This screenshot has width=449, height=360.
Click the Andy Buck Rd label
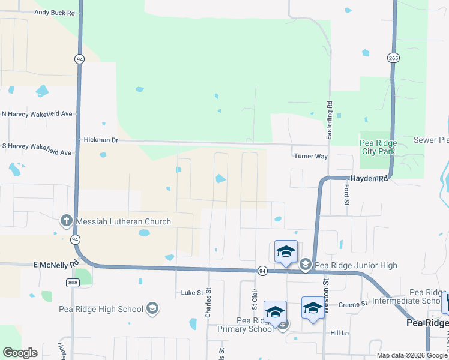55,12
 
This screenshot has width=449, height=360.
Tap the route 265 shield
393,58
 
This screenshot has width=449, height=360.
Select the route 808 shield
73,283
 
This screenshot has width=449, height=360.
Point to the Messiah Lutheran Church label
123,222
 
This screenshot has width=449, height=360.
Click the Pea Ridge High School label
101,309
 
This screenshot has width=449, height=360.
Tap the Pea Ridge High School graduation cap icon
152,309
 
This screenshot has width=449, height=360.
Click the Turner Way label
310,156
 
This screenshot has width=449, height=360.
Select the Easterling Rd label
330,118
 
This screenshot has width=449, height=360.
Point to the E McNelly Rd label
56,263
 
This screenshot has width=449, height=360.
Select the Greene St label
352,305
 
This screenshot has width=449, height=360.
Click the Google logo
20,353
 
